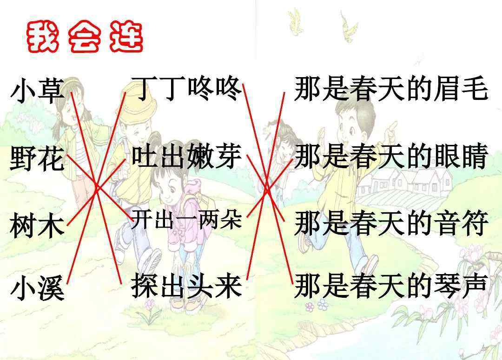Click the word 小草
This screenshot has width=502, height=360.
point(38,92)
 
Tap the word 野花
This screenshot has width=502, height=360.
point(38,158)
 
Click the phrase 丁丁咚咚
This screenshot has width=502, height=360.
point(187,89)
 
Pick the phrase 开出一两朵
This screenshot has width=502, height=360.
point(187,219)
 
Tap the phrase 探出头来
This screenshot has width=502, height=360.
point(187,285)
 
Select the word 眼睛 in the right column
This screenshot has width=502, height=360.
point(461,156)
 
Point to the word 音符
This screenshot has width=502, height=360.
point(461,223)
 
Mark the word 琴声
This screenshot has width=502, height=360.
point(461,285)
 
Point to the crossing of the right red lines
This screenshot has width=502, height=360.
point(266,189)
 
